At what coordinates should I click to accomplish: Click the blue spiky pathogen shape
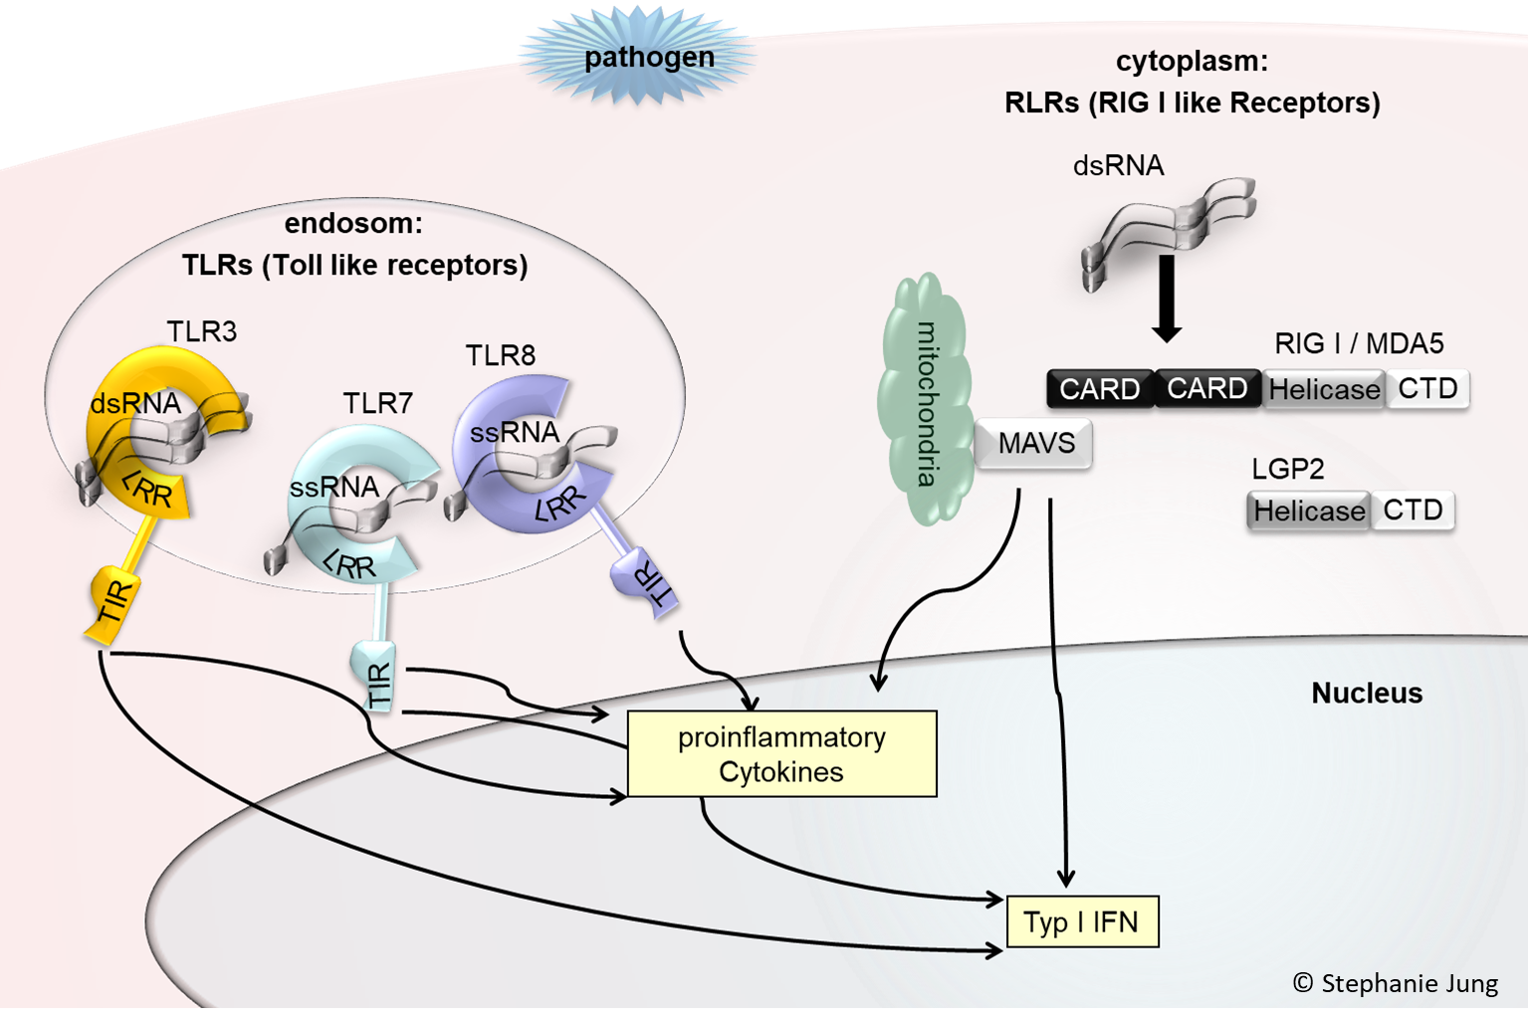(x=637, y=55)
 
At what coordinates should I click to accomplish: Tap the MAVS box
(x=1035, y=443)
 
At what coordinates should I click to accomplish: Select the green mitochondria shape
(x=924, y=398)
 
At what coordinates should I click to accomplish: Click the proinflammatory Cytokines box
(x=781, y=754)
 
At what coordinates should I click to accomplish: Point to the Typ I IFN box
(x=1082, y=921)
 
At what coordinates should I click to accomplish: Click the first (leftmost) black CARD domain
(x=1099, y=388)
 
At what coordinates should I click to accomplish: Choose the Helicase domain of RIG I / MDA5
(x=1324, y=389)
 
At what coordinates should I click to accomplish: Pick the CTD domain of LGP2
(x=1413, y=510)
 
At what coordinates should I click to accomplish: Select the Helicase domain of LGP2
(x=1309, y=510)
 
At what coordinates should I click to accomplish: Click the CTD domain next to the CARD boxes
(x=1427, y=388)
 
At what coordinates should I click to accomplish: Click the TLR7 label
(x=377, y=403)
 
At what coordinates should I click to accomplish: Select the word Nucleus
(x=1366, y=693)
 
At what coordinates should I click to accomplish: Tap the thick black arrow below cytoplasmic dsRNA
(x=1166, y=299)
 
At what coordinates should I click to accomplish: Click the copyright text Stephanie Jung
(x=1395, y=983)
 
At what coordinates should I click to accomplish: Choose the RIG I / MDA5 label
(x=1358, y=344)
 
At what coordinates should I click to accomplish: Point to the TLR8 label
(x=500, y=355)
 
